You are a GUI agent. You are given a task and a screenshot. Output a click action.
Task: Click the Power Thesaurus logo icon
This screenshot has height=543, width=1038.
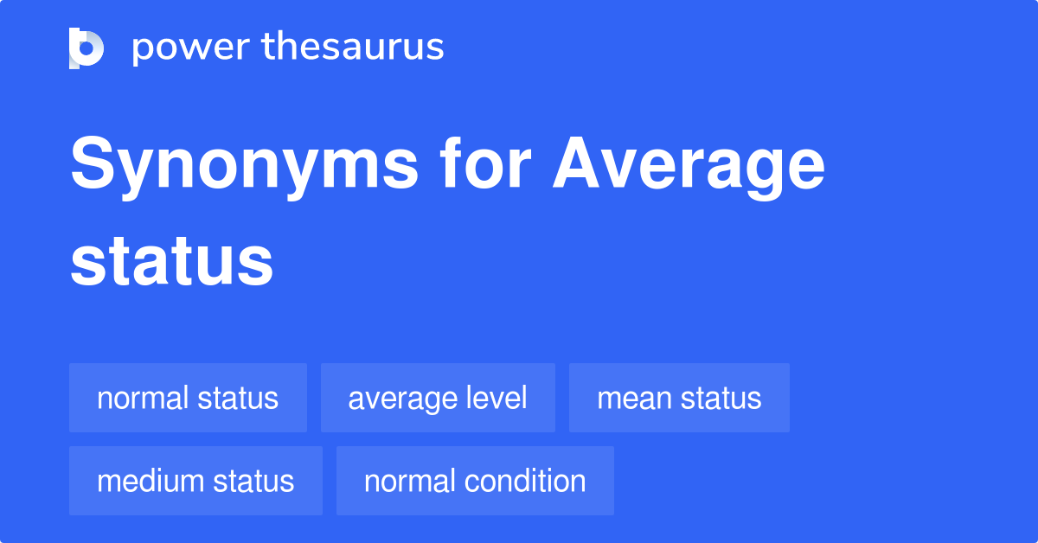click(x=86, y=48)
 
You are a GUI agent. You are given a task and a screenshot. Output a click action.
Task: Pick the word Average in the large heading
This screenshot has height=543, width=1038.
click(x=689, y=168)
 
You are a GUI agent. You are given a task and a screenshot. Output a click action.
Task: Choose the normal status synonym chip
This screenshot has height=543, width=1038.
click(x=188, y=398)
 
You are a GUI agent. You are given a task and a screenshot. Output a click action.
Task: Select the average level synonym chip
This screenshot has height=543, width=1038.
click(x=438, y=398)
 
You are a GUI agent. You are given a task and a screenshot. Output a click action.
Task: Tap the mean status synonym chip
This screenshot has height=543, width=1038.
click(x=679, y=398)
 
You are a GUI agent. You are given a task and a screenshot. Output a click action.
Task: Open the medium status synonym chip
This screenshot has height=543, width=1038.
click(x=195, y=481)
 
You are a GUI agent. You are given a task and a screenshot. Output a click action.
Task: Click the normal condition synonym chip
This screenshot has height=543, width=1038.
click(x=475, y=481)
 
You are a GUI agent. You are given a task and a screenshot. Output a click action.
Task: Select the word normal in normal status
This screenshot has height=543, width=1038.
click(x=143, y=399)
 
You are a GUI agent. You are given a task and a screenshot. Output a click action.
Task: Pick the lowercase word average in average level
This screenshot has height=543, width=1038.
click(x=400, y=399)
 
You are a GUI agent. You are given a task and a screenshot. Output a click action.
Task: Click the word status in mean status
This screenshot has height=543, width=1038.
click(x=721, y=398)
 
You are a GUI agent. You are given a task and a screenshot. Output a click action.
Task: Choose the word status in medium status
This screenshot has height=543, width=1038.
click(x=253, y=481)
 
